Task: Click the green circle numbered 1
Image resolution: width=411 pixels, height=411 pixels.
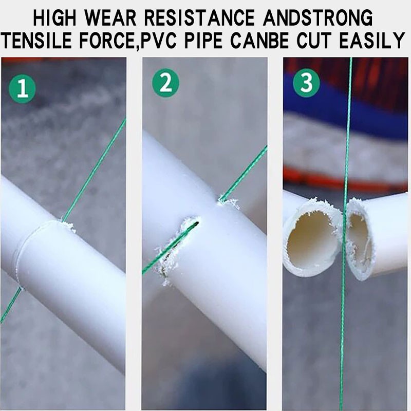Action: click(22, 89)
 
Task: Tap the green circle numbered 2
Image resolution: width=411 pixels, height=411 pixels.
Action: click(165, 83)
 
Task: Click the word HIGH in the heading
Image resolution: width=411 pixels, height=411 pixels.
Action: click(54, 18)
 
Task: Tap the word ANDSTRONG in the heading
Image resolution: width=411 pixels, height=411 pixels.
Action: click(318, 18)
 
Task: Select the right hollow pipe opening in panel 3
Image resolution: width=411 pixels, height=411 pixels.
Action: click(360, 240)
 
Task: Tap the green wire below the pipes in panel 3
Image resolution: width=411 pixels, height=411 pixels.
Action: click(343, 341)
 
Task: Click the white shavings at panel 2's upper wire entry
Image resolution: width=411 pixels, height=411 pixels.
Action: click(228, 202)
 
